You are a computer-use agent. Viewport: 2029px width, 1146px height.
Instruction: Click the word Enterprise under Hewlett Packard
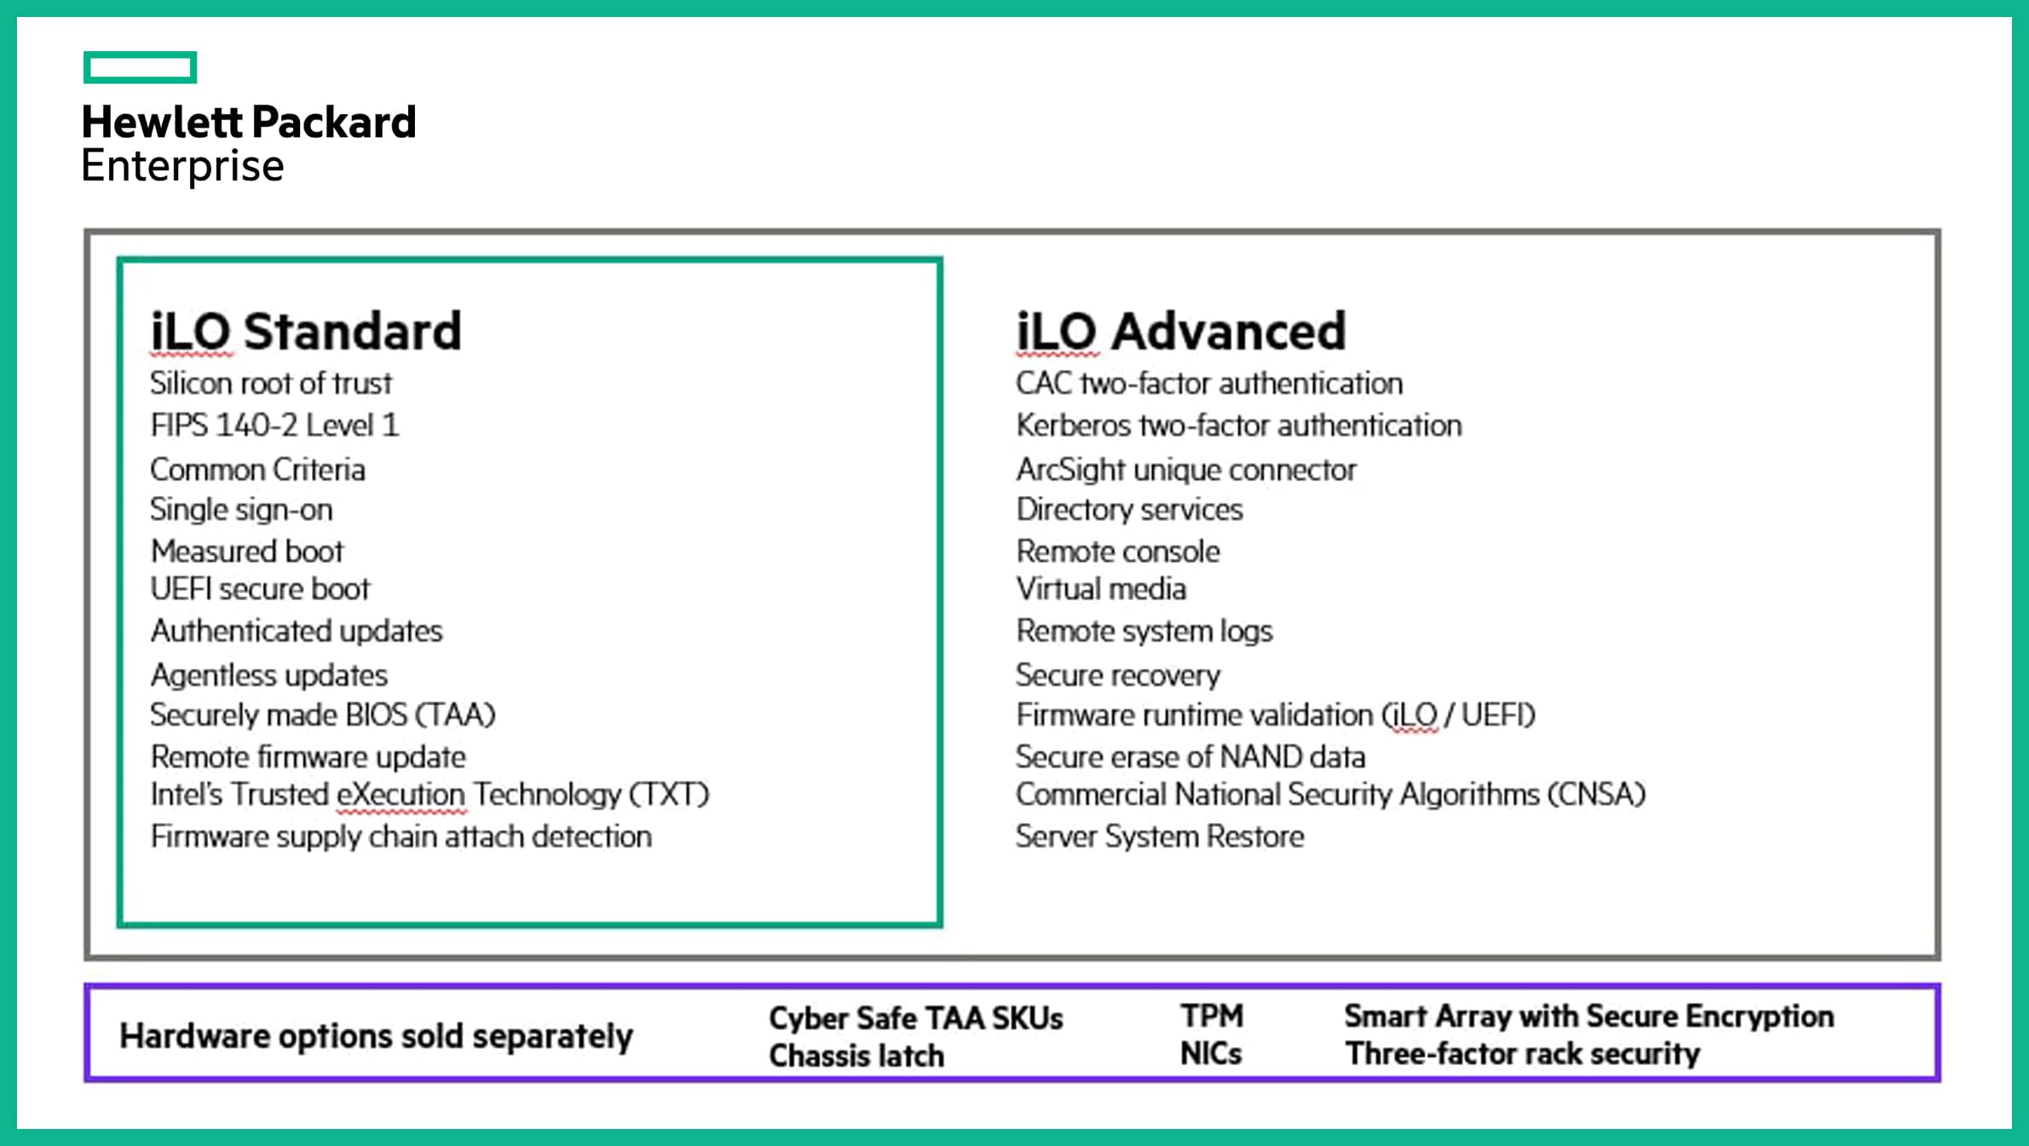point(182,166)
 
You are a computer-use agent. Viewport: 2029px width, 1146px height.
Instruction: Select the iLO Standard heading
point(306,331)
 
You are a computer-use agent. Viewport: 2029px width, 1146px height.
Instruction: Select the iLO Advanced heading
point(1181,331)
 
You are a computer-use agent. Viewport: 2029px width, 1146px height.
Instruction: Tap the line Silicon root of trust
point(271,383)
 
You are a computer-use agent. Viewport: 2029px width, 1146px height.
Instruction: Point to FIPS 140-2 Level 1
point(274,425)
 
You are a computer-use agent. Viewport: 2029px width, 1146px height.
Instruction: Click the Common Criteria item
point(257,469)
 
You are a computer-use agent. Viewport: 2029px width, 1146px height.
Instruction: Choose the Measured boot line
point(247,551)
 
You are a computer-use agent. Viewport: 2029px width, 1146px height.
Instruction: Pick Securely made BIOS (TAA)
point(323,715)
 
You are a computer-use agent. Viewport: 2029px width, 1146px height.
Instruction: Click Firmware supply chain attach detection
point(401,837)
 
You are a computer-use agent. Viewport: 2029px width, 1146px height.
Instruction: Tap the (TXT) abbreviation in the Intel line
point(669,795)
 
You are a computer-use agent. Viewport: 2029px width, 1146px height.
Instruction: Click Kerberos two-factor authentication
point(1239,425)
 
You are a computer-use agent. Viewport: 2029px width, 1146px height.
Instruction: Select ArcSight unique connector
point(1186,469)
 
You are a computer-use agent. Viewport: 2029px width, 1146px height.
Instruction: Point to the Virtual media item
point(1101,589)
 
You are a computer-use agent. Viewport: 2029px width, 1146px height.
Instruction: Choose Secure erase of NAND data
point(1190,757)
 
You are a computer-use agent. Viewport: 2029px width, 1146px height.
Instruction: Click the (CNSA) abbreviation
point(1596,795)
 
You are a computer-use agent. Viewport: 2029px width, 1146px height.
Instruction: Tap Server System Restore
point(1160,837)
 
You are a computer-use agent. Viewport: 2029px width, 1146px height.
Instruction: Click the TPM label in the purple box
point(1212,1016)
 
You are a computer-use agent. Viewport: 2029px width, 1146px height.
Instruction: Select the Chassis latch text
point(856,1057)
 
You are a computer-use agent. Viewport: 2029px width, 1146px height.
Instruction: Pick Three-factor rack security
point(1523,1054)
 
